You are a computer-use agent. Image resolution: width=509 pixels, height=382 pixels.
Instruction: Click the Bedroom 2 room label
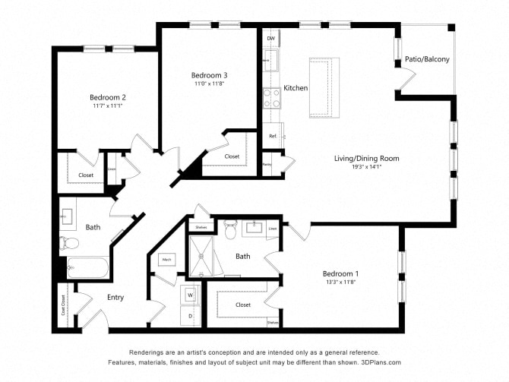click(107, 97)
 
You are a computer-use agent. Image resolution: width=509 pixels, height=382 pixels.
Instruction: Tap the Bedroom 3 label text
click(209, 75)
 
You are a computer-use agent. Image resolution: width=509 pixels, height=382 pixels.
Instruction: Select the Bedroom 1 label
click(340, 273)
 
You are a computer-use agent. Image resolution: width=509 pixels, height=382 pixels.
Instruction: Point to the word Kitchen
click(296, 88)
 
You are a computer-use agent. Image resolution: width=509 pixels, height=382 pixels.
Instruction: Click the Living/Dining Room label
click(367, 159)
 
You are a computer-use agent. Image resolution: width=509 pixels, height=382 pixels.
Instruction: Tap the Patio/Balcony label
click(427, 59)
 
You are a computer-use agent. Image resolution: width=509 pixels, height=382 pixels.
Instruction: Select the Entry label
click(115, 297)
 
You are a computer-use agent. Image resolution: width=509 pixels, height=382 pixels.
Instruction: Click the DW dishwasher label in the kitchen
click(270, 37)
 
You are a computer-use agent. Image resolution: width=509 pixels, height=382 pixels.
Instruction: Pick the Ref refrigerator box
click(273, 136)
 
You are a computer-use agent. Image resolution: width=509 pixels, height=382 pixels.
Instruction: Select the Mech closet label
click(166, 260)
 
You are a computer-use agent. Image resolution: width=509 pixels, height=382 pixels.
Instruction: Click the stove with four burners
click(271, 97)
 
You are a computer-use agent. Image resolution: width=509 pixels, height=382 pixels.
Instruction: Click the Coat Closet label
click(64, 309)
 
